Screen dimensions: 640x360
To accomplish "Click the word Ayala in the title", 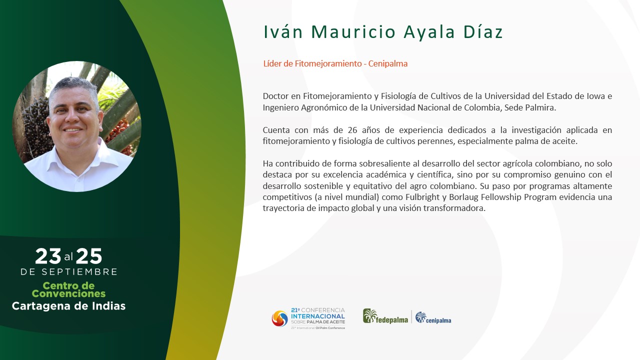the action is point(429,32).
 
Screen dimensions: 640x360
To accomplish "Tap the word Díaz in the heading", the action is point(483,31).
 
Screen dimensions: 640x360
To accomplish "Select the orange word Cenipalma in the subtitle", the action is point(387,63).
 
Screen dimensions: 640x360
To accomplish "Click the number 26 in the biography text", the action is point(352,130).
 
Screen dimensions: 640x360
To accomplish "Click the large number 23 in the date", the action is point(48,256).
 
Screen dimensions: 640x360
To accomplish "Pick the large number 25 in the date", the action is point(89,256).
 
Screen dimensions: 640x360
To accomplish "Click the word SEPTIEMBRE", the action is point(79,271).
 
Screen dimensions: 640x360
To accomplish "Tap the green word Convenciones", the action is point(68,293).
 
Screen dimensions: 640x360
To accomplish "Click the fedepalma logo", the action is point(385,316).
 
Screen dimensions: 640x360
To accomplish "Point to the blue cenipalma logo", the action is point(433,317).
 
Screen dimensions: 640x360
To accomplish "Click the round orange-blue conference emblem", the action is point(279,318).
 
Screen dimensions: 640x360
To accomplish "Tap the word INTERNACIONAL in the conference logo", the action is point(317,316).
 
